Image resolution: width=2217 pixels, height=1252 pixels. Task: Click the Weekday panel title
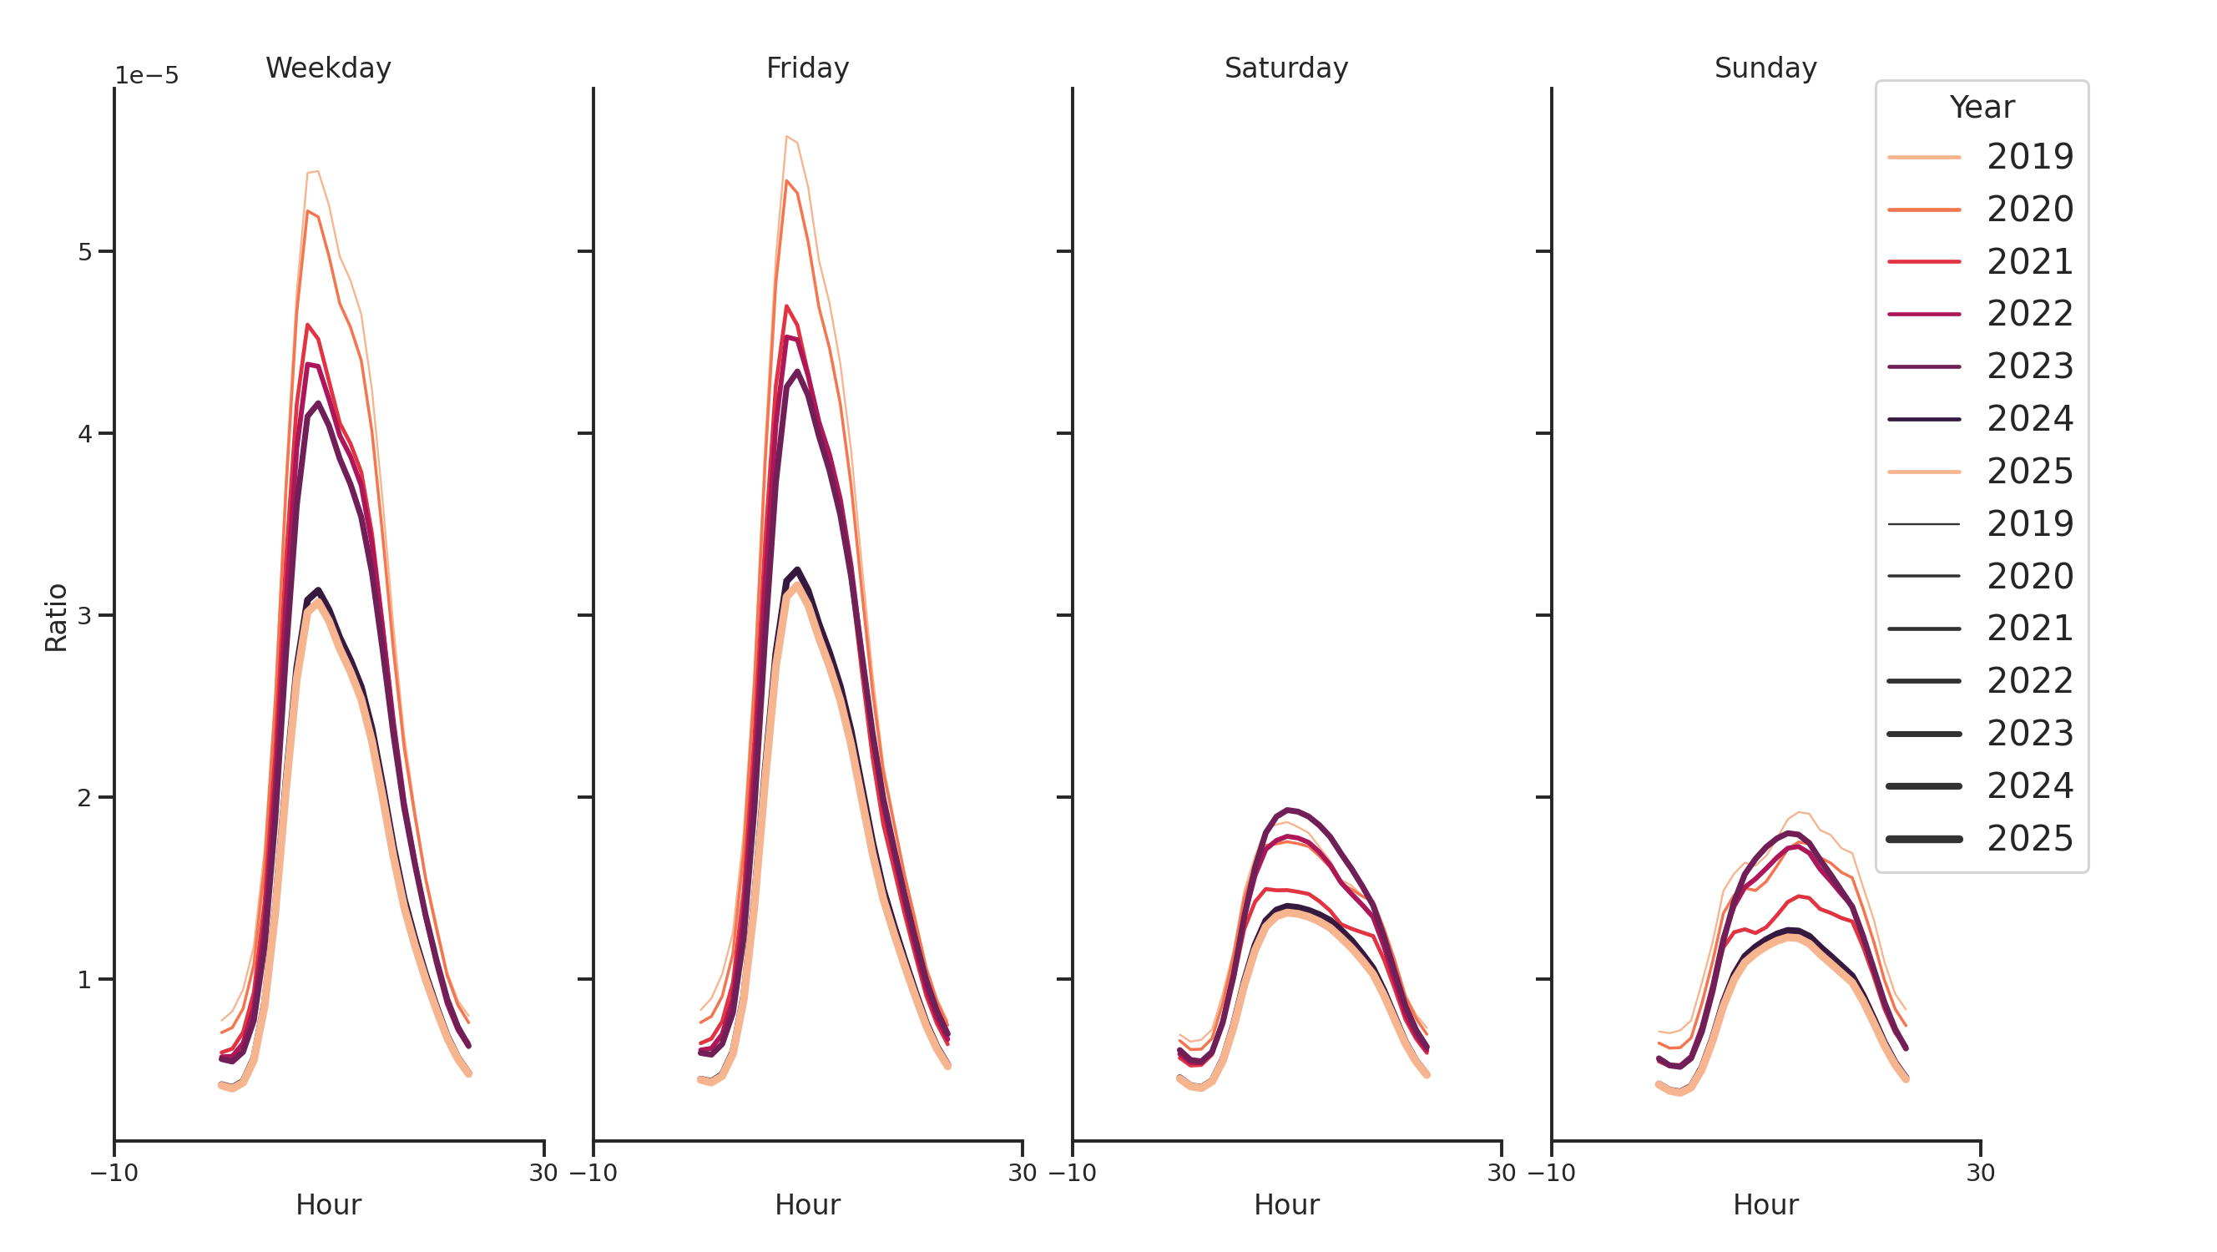(x=328, y=68)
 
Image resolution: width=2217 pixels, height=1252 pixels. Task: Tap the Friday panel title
(x=806, y=68)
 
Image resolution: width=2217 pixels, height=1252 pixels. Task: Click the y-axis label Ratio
(x=56, y=617)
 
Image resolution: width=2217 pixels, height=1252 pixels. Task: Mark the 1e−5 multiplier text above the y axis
(x=146, y=76)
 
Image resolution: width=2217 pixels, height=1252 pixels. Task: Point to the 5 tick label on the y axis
(x=84, y=252)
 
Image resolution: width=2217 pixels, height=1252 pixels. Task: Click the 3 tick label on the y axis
(x=84, y=616)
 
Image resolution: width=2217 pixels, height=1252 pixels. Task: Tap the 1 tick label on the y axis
(x=84, y=980)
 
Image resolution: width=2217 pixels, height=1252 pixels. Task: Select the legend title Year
(x=1981, y=108)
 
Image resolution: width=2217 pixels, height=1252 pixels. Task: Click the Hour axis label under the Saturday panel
(x=1285, y=1204)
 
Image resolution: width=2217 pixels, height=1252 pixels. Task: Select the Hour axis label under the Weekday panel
(x=328, y=1204)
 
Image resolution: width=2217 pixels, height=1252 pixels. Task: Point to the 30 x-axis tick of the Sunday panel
(x=1979, y=1173)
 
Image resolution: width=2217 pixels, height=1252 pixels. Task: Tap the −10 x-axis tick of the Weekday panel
(x=114, y=1173)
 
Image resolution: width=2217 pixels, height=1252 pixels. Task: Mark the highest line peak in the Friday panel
(x=786, y=137)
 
